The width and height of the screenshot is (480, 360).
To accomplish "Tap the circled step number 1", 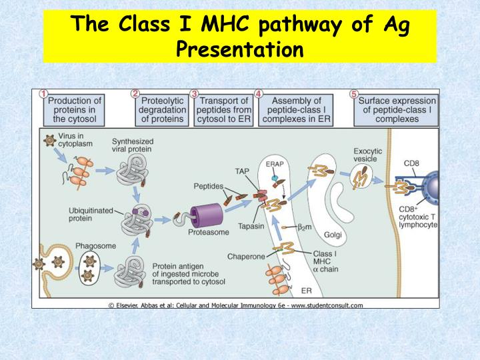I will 43,94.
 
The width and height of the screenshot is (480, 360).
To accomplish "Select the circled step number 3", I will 194,94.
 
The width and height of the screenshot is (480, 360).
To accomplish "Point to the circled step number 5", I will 355,94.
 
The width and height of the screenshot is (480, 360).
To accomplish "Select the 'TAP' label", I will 242,171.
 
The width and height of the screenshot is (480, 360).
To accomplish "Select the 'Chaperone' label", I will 247,256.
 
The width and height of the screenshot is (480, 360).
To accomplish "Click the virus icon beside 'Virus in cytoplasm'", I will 49,142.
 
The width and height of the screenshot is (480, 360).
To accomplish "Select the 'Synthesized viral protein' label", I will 132,145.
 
